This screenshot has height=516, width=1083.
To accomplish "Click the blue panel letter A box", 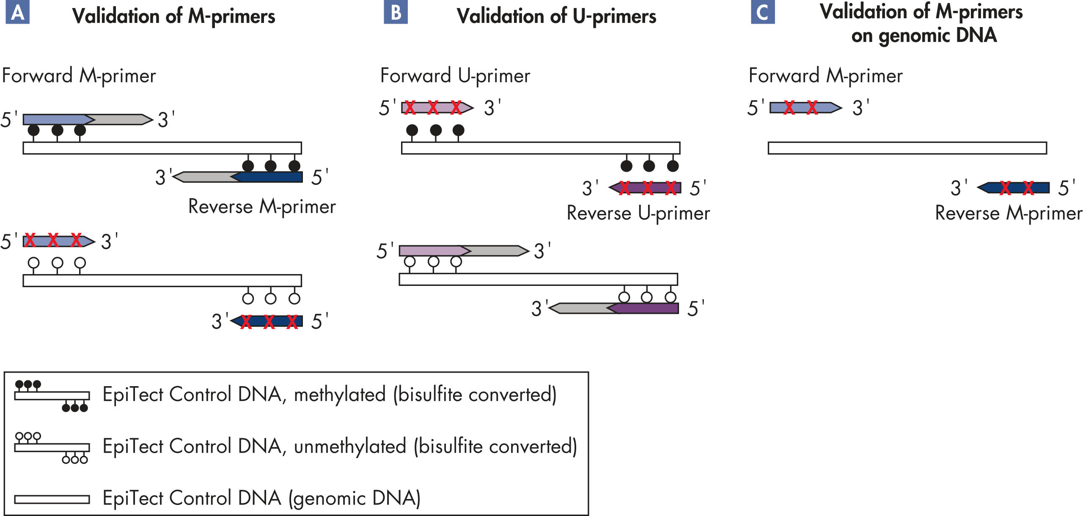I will click(17, 12).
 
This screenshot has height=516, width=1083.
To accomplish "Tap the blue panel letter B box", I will click(396, 12).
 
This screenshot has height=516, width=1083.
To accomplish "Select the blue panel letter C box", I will click(763, 12).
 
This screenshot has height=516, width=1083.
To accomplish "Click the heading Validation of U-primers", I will click(556, 16).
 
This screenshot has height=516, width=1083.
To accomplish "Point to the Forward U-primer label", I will click(455, 76).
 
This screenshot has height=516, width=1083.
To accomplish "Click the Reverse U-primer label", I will click(638, 213).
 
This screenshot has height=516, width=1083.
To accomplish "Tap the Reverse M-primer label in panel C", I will click(1009, 213).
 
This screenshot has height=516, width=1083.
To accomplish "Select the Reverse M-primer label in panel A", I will click(262, 207).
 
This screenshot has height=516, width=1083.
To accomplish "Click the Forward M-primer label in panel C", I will click(825, 76).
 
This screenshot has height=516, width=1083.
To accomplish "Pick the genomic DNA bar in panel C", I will click(907, 148).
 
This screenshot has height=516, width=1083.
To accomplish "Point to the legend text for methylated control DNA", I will click(330, 395).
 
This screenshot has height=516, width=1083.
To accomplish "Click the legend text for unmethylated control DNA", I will click(340, 447).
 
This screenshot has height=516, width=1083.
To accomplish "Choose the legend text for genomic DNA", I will click(261, 498).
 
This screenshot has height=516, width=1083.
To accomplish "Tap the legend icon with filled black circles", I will click(52, 396).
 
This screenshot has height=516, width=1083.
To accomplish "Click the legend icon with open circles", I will click(52, 447).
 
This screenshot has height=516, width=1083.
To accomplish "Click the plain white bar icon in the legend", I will click(52, 500).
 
